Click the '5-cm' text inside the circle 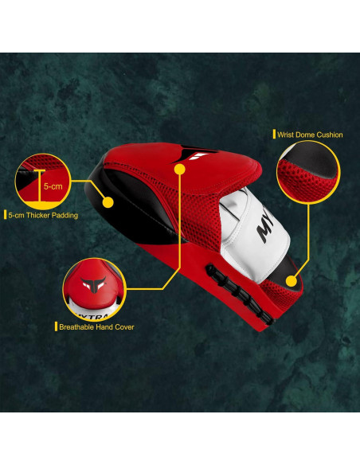point(53,186)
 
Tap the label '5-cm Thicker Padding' point(44,215)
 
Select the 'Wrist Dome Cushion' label point(310,135)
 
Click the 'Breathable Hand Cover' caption point(97,326)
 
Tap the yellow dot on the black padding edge point(109,202)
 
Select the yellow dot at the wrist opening point(292,280)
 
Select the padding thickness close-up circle point(41,181)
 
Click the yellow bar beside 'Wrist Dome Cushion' point(274,135)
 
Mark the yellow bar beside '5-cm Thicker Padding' point(6,215)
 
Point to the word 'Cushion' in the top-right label point(331,135)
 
